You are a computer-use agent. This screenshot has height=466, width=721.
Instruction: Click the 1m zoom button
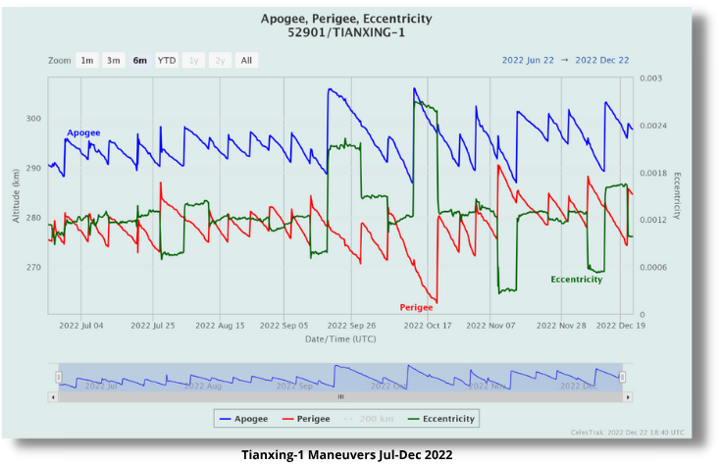(87, 60)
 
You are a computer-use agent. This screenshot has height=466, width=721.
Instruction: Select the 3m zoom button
(114, 60)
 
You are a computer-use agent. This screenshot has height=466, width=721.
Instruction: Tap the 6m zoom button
(140, 60)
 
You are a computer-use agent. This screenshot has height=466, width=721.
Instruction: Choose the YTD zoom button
(167, 60)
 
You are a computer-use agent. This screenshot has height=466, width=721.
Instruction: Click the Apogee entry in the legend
(244, 419)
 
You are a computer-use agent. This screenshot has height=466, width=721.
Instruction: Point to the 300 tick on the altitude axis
(33, 119)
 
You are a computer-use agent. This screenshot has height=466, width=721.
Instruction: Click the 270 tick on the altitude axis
(33, 267)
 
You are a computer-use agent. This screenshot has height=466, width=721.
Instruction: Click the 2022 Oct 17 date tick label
(427, 325)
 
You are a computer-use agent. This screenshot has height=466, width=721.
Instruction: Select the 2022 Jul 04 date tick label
(81, 325)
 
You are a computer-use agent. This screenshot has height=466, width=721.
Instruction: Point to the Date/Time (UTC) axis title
(339, 338)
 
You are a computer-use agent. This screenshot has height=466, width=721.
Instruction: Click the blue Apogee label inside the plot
(83, 132)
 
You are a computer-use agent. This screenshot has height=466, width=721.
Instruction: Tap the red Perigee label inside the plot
(416, 307)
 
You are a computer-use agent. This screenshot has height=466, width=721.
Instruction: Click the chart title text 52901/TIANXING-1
(346, 32)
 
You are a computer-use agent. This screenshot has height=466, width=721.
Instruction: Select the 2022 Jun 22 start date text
(528, 60)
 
